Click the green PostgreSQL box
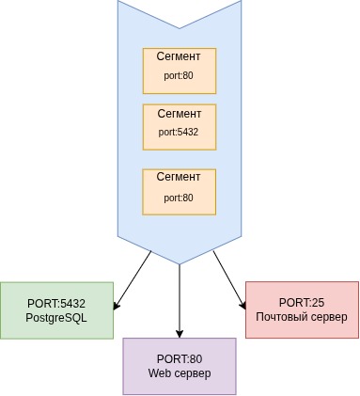(56, 310)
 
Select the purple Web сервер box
(179, 366)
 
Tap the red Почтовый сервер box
(302, 309)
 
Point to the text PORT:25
(302, 302)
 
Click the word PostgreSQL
(56, 318)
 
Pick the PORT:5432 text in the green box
(56, 303)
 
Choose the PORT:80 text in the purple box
(179, 358)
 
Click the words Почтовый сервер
(302, 318)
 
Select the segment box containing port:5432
(179, 127)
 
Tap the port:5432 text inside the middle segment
(179, 133)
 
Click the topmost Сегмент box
(179, 71)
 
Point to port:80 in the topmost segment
(179, 75)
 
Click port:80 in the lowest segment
(179, 198)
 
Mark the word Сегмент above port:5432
(179, 114)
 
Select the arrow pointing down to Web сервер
(179, 301)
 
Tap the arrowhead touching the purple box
(179, 333)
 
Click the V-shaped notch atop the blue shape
(179, 21)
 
